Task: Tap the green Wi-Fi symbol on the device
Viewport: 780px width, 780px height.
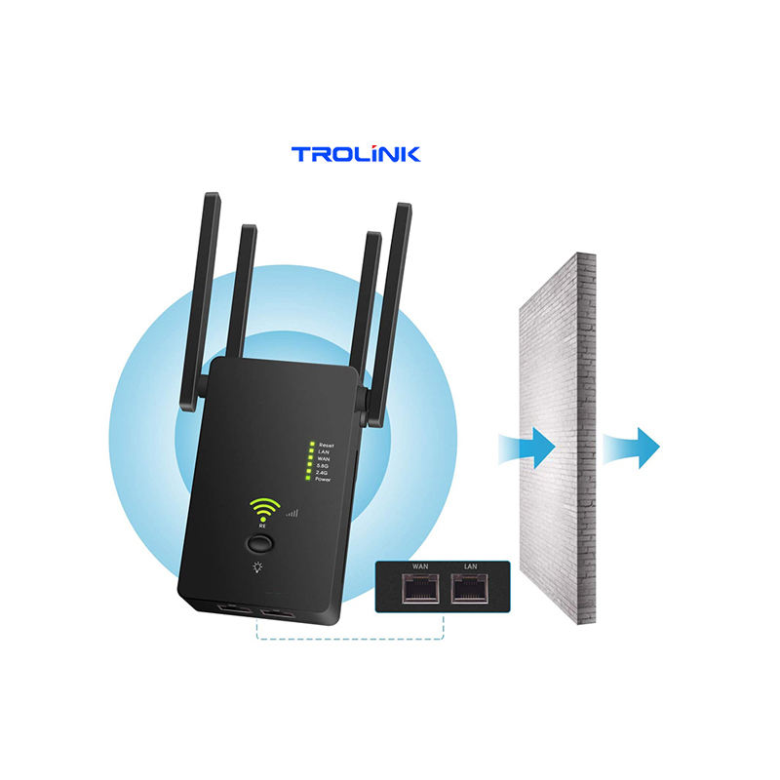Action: tap(263, 508)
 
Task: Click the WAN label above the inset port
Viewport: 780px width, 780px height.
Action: tap(420, 566)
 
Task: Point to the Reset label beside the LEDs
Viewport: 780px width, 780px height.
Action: tap(326, 445)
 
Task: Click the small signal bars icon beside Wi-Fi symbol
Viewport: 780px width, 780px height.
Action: tap(292, 511)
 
